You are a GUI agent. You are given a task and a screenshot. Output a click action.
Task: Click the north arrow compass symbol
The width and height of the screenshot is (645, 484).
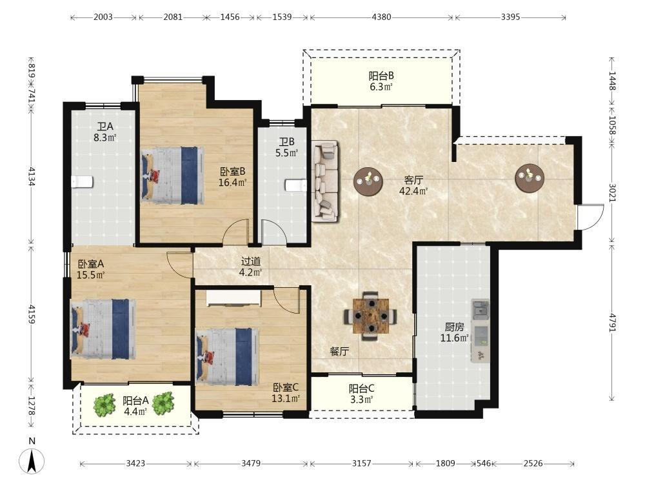click(x=32, y=460)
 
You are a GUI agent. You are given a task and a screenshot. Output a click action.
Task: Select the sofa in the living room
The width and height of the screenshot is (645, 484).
click(x=325, y=181)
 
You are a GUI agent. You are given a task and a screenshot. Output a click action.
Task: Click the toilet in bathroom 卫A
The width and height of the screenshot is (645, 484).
click(x=83, y=181)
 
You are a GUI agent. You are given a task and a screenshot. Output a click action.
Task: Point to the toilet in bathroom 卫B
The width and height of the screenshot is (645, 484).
click(x=296, y=185)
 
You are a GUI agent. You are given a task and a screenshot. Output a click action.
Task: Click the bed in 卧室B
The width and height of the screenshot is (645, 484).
click(x=173, y=176)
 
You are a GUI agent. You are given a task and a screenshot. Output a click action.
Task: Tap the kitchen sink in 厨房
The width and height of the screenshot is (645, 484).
click(x=480, y=310)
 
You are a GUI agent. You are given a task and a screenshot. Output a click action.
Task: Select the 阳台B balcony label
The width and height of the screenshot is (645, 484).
click(x=381, y=76)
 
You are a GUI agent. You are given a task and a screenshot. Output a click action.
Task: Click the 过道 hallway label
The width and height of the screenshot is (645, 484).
click(x=251, y=261)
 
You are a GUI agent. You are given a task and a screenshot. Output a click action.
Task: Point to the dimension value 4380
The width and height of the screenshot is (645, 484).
click(x=381, y=17)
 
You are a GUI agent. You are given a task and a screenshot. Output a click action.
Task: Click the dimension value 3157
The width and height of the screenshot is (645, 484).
click(x=362, y=463)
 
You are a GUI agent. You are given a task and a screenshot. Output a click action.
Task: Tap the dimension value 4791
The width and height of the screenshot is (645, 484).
click(x=613, y=323)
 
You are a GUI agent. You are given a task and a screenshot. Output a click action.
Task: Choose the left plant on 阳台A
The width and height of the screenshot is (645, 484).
click(x=104, y=405)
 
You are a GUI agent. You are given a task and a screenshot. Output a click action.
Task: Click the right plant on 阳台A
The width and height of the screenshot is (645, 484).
click(x=163, y=403)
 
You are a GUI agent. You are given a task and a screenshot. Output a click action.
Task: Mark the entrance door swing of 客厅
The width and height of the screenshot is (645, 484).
click(x=591, y=217)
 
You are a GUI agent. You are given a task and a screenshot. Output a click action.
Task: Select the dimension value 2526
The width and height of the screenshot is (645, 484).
click(x=533, y=463)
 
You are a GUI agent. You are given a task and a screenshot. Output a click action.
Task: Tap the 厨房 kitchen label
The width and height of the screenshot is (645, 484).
click(x=454, y=327)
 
